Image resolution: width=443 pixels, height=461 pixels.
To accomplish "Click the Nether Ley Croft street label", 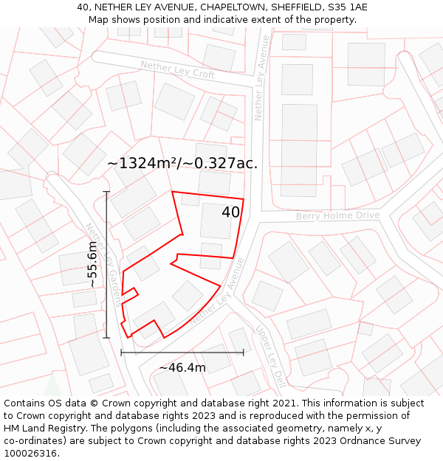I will coord(178,70).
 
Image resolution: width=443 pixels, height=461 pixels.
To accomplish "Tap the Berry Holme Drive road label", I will coord(337,215).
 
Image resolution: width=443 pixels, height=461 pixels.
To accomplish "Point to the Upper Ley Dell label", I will coord(270,356).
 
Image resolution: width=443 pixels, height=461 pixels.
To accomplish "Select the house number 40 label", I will coord(230,212).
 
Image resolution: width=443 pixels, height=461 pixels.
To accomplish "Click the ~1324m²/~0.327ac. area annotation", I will coord(182,164).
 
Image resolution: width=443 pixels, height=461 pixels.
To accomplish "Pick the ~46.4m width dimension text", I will coord(182,367).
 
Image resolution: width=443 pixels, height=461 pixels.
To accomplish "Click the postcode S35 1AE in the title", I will coord(347,7).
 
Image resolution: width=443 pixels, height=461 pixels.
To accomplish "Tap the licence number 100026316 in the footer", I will coord(30,453).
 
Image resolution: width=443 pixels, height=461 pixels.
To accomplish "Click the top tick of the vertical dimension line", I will coord(106,192).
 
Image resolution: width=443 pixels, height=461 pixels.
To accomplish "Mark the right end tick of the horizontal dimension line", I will coord(243,353).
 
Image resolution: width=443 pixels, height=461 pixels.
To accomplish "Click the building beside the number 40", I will coord(216,220).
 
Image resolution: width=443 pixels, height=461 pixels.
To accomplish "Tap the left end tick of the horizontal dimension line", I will coord(121,353).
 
